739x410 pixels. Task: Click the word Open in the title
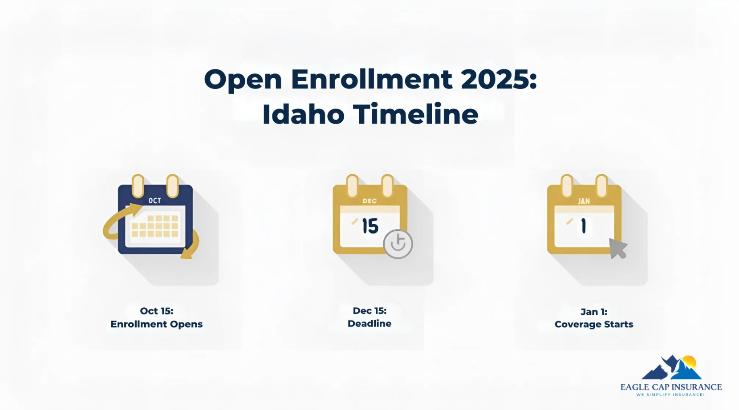[243, 80]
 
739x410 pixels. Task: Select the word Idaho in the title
[303, 114]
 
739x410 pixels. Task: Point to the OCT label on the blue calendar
[154, 201]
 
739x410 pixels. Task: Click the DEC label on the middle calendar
[369, 201]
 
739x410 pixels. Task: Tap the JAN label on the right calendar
[584, 201]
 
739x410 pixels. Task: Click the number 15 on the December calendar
[370, 226]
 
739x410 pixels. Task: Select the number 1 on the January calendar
[584, 226]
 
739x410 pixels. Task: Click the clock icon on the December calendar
[398, 244]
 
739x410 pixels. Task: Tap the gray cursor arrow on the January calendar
[617, 248]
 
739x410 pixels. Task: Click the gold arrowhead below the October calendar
[187, 255]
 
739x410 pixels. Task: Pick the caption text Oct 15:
[157, 311]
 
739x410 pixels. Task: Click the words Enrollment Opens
[157, 324]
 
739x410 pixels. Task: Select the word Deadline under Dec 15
[369, 324]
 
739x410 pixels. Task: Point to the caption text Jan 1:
[594, 312]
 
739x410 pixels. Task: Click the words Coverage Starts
[594, 324]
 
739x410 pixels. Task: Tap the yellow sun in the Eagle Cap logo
[689, 361]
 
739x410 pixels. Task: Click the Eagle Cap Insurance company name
[671, 387]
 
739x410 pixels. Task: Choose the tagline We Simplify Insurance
[670, 394]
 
